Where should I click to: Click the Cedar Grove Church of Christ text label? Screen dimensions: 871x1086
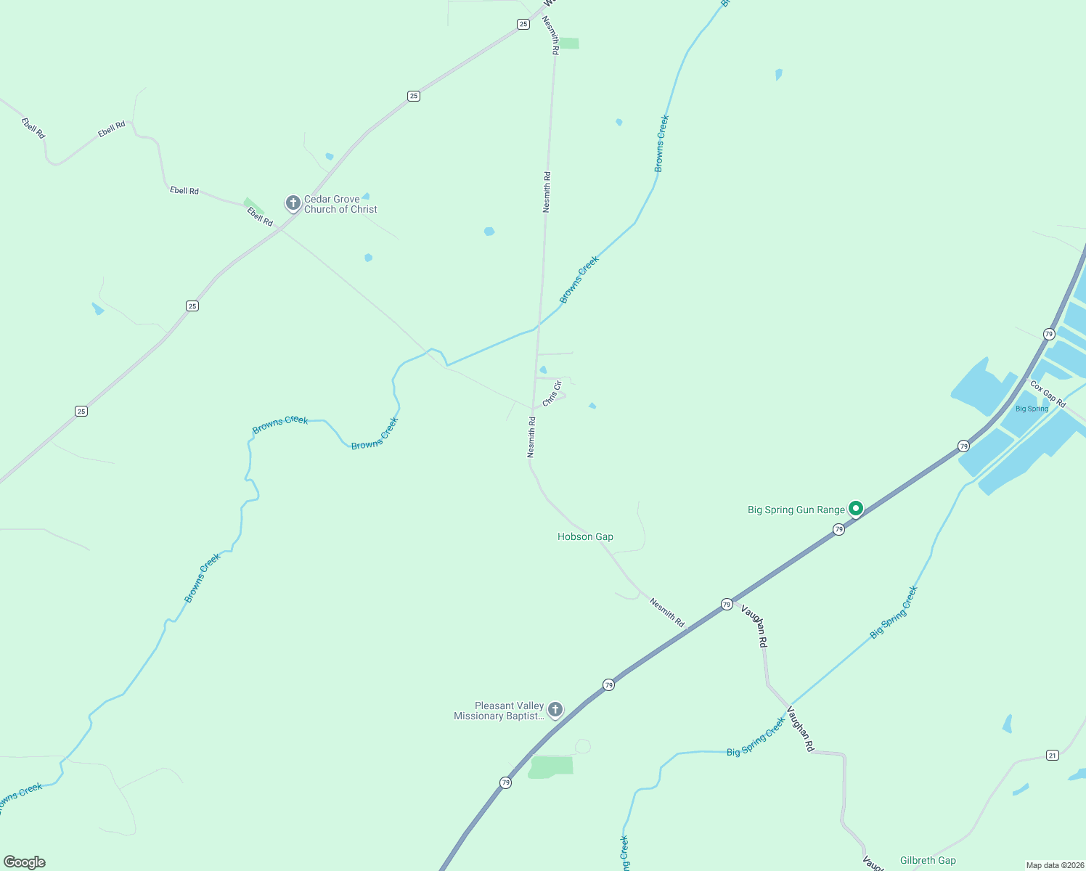pos(340,204)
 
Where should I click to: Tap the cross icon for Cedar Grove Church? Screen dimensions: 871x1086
pos(293,203)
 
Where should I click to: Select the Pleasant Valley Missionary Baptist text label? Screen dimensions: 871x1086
pos(499,711)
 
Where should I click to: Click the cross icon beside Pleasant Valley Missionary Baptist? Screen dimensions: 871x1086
pos(555,709)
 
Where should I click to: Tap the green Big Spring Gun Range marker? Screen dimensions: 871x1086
pos(856,509)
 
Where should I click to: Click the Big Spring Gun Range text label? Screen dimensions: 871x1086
pos(796,510)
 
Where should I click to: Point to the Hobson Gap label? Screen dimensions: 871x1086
pos(585,536)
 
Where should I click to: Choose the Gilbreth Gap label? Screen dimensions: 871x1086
pos(928,860)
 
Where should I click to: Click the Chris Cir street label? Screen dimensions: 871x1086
pos(552,393)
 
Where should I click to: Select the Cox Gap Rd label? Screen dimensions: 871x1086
pos(1048,394)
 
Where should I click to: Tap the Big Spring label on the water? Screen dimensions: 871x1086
pos(1032,409)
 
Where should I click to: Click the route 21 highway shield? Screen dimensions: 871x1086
pos(1053,756)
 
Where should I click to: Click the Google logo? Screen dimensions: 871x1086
pos(25,862)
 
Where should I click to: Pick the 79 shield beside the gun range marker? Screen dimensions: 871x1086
pos(838,530)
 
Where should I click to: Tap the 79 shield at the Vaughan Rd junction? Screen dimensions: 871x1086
pos(727,604)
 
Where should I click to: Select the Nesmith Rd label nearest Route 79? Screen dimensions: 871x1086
pos(666,612)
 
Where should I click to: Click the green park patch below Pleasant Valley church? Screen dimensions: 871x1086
pos(551,766)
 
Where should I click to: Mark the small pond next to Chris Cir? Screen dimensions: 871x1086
pos(543,370)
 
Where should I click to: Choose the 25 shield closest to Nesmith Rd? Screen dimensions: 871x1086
pos(523,24)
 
